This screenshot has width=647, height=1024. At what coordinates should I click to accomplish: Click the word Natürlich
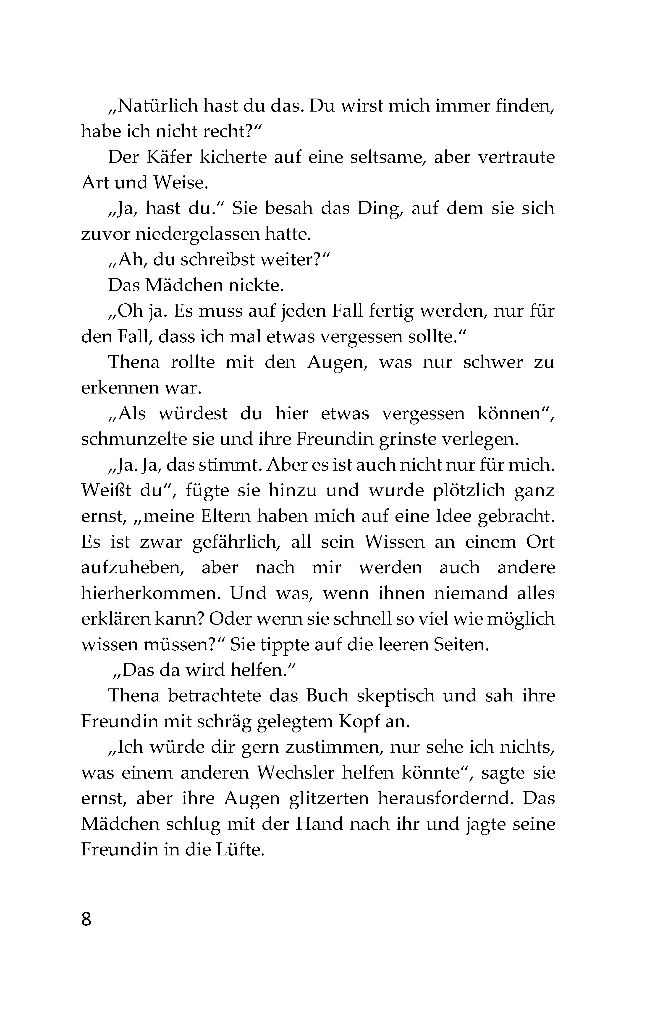[153, 106]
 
